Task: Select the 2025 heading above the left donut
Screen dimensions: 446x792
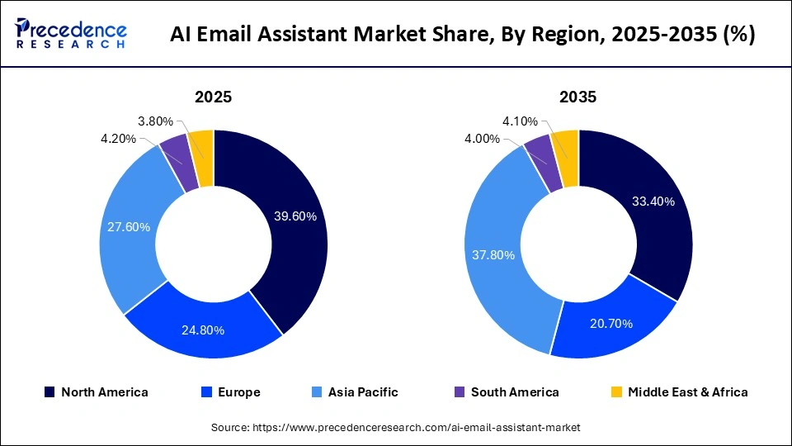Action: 213,97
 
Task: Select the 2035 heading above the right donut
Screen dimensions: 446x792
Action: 577,97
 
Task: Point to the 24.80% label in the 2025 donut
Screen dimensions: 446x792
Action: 203,330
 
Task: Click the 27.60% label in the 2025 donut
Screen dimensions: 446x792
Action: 127,226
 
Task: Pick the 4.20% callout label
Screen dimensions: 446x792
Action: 119,139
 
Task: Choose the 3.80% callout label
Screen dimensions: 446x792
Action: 154,121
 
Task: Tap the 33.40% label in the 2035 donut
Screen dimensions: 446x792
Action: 653,202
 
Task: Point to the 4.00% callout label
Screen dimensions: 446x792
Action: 483,139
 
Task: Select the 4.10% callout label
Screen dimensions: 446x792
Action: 520,121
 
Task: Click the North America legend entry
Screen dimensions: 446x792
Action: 96,392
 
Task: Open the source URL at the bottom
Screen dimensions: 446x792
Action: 396,427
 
